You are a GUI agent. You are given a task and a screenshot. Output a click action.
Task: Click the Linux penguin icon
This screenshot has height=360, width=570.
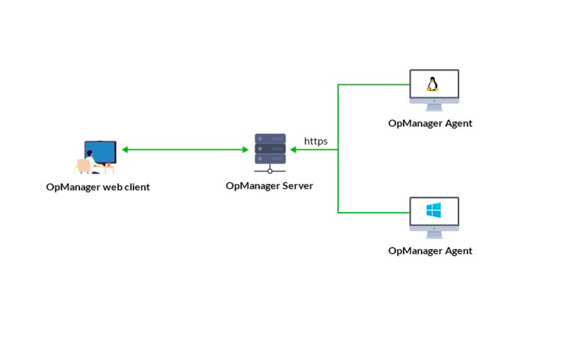click(432, 84)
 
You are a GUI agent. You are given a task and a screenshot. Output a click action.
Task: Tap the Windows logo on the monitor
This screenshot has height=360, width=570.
click(434, 210)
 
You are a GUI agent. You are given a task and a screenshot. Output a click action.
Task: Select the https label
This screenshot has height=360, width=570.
click(316, 141)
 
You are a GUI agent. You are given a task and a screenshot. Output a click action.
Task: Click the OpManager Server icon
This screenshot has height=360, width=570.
click(270, 151)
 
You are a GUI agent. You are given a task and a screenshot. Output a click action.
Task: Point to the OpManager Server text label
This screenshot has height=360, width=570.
click(270, 186)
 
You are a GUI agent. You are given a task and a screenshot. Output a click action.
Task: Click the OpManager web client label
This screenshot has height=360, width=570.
click(98, 187)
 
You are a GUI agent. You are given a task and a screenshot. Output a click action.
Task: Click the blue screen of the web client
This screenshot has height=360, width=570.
click(103, 151)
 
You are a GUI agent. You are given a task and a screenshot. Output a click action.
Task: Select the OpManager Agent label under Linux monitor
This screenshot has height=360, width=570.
click(430, 123)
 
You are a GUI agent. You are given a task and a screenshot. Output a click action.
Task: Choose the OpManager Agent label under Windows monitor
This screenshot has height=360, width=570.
click(430, 251)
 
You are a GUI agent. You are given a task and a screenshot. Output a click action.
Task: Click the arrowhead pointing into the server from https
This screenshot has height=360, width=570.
click(293, 150)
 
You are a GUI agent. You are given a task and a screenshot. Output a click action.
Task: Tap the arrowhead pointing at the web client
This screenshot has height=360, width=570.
click(125, 150)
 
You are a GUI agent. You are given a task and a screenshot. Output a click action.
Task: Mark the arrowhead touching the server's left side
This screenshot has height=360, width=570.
click(246, 150)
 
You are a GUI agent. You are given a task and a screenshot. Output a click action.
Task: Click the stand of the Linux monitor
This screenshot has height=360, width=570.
click(434, 107)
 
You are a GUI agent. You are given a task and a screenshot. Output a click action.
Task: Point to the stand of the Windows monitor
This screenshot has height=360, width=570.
click(434, 235)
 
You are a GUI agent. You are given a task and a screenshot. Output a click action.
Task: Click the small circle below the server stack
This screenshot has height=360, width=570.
click(270, 171)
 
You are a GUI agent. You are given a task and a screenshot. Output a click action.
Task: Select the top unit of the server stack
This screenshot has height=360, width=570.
click(270, 138)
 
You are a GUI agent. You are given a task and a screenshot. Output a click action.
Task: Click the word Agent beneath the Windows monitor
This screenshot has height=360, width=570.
click(458, 251)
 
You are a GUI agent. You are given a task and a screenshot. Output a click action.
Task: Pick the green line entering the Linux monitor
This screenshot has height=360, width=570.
click(374, 84)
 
